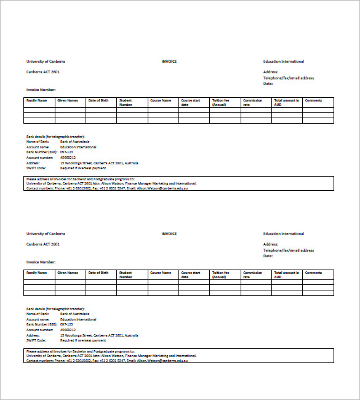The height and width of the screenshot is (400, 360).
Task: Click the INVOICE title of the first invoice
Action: pyautogui.click(x=169, y=62)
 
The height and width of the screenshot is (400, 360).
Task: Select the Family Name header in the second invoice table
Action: pyautogui.click(x=36, y=273)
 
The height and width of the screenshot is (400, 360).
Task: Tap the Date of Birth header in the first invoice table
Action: pyautogui.click(x=98, y=100)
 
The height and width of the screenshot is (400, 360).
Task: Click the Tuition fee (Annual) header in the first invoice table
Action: pyautogui.click(x=220, y=102)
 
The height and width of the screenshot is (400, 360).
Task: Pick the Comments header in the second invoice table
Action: pyautogui.click(x=313, y=273)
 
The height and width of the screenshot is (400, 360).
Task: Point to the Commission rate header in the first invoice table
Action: pyautogui.click(x=252, y=102)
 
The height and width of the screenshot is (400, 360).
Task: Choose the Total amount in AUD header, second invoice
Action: pyautogui.click(x=287, y=274)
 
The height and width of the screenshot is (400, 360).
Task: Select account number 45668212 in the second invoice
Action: pyautogui.click(x=68, y=330)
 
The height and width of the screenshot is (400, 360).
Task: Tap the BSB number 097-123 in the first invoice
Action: pyautogui.click(x=66, y=152)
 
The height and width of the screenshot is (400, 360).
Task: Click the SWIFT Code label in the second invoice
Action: pyautogui.click(x=35, y=340)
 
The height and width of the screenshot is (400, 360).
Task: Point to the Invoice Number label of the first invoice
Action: pyautogui.click(x=41, y=90)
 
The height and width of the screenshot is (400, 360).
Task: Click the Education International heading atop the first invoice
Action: pyautogui.click(x=283, y=62)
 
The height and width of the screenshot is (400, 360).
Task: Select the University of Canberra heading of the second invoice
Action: pyautogui.click(x=45, y=234)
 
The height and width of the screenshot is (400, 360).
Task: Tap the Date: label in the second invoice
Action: pyautogui.click(x=268, y=256)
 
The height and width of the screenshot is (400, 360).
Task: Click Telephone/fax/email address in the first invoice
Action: pyautogui.click(x=288, y=78)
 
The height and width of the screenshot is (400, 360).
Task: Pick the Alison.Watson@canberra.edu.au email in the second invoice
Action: pyautogui.click(x=162, y=360)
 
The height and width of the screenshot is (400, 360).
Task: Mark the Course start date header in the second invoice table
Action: pyautogui.click(x=190, y=274)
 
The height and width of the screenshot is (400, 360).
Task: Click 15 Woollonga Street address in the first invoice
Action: pyautogui.click(x=98, y=163)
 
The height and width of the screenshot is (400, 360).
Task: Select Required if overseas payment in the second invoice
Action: pyautogui.click(x=82, y=340)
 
